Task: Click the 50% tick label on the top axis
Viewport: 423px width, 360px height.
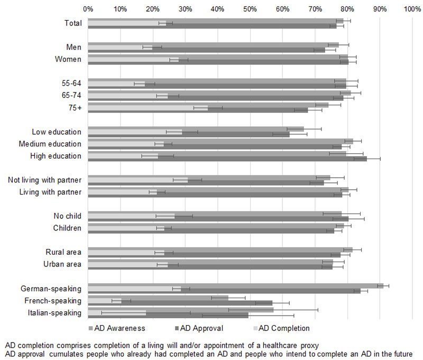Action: tap(250, 9)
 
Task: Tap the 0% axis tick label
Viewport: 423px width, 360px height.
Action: tap(88, 9)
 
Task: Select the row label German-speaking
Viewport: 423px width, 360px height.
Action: tap(51, 289)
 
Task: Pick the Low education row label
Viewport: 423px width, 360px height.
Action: tap(57, 132)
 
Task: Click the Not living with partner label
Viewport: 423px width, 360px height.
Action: tap(45, 180)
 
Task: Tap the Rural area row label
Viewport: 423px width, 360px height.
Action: tap(63, 252)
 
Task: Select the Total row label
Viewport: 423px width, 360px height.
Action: tap(71, 23)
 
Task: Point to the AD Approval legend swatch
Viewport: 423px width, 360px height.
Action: tap(176, 328)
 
